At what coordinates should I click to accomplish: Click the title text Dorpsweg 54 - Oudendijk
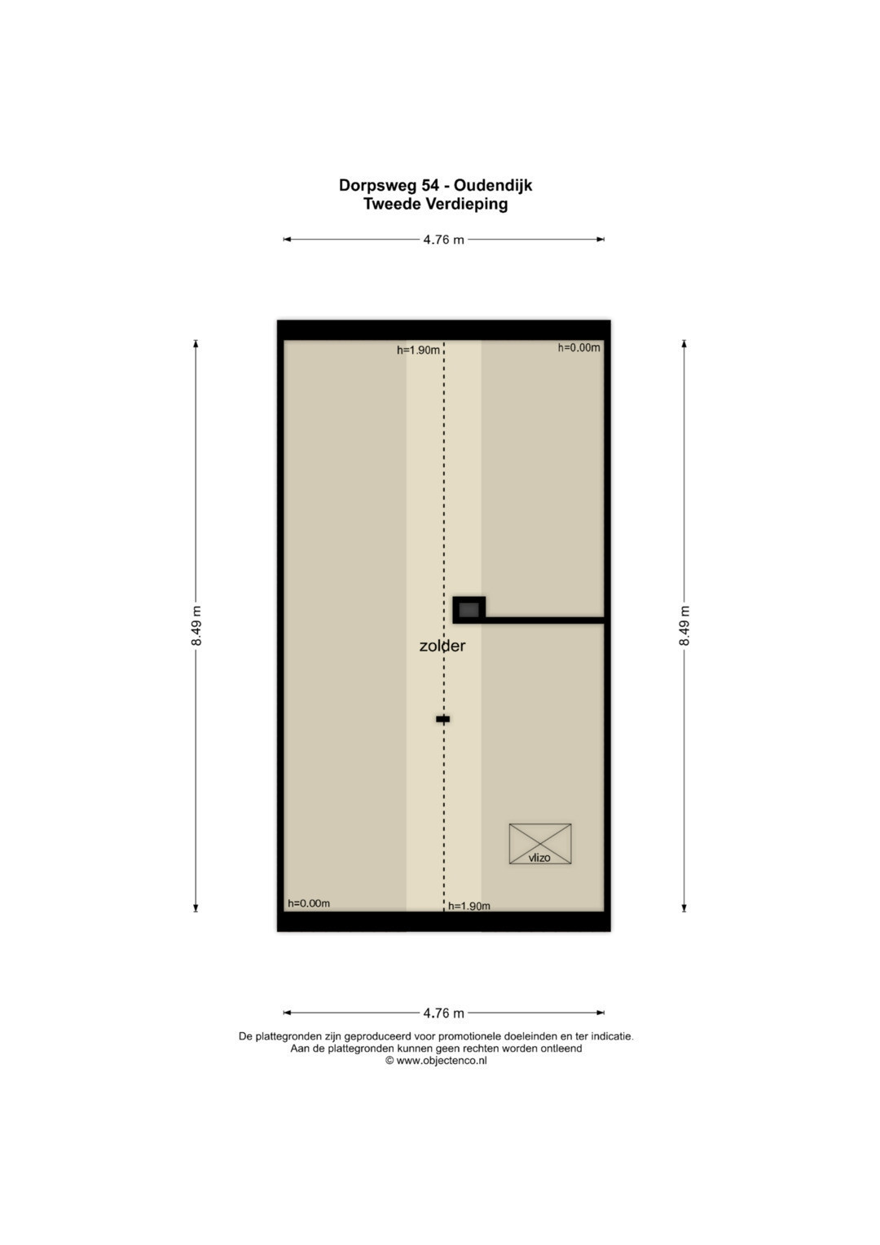click(436, 185)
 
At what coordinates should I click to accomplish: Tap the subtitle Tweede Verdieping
click(436, 204)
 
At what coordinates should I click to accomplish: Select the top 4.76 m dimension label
click(443, 240)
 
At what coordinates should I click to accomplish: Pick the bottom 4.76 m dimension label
click(443, 1013)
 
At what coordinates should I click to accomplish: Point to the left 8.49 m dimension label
click(196, 626)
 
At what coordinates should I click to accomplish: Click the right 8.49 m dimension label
click(684, 626)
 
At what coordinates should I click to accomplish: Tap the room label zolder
click(442, 646)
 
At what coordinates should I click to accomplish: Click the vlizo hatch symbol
click(540, 844)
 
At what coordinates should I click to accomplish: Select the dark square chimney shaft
click(469, 610)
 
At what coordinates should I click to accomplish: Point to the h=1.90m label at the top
click(418, 350)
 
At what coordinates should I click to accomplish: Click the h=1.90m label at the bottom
click(469, 906)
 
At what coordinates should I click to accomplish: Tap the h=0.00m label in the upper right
click(579, 348)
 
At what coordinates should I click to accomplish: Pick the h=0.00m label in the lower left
click(309, 903)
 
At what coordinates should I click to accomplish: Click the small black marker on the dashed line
click(442, 719)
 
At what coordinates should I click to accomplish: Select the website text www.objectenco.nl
click(442, 1060)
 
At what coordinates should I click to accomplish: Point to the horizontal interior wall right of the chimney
click(544, 620)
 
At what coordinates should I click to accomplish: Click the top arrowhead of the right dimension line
click(684, 343)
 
